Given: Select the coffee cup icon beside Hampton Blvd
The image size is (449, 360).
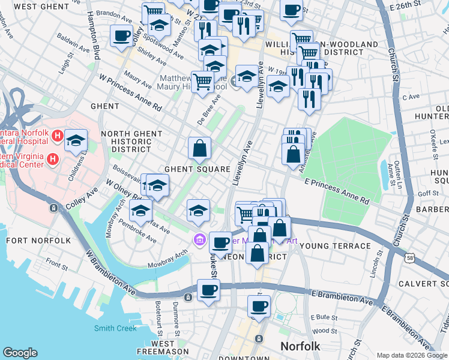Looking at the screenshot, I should (122, 35).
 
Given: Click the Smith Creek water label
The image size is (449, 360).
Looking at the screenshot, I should (115, 328).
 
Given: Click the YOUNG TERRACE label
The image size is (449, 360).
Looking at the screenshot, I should (335, 246).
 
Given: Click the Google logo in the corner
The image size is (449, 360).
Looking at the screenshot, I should (20, 353).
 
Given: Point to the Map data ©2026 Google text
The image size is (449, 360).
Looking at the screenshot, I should (411, 355).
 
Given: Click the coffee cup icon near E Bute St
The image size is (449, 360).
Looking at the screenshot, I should (259, 306).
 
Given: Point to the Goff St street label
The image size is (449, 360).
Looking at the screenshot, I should (429, 193).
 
